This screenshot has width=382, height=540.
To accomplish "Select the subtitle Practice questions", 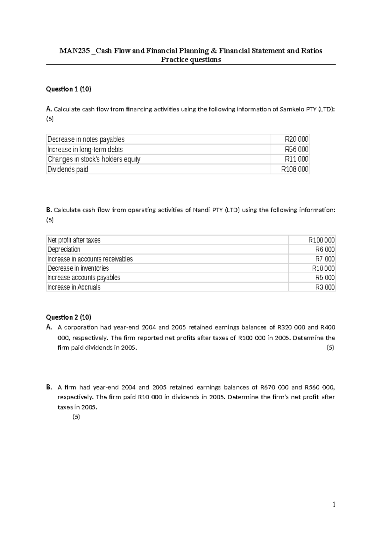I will pos(191,60).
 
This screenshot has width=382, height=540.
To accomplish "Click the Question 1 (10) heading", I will pos(68,89).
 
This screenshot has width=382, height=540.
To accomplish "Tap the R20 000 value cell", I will pos(296,139).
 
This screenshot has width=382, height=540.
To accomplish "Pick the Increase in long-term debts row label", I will pos(85,149).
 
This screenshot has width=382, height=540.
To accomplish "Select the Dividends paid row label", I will pos(68,169).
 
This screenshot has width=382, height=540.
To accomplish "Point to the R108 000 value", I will pos(295,169).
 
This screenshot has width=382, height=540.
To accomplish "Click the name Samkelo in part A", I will pos(290,109).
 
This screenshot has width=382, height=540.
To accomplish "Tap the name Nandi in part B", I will pos(201,210).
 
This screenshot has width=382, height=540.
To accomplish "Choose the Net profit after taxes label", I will pos(74,240).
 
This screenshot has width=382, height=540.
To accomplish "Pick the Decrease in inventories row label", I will pos(78,268).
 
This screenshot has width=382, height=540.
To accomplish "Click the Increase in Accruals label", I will pos(74,287).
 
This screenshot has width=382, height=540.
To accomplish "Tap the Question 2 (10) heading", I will pos(68,317).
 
